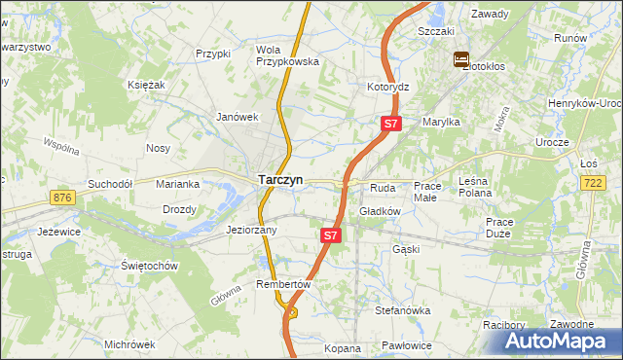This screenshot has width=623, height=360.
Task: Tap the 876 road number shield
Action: click(65, 198)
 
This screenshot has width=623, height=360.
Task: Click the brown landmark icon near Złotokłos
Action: click(460, 60)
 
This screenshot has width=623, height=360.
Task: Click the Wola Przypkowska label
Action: click(287, 54)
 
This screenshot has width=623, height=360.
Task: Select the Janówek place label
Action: click(236, 117)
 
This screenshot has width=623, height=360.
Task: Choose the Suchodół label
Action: click(109, 183)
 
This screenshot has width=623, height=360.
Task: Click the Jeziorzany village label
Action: click(252, 231)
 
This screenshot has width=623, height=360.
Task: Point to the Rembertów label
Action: click(282, 284)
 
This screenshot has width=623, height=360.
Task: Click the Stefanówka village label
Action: click(403, 310)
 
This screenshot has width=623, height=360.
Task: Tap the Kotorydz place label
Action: click(387, 87)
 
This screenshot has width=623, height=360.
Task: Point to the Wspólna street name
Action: click(61, 147)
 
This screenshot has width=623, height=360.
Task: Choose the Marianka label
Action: click(179, 183)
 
